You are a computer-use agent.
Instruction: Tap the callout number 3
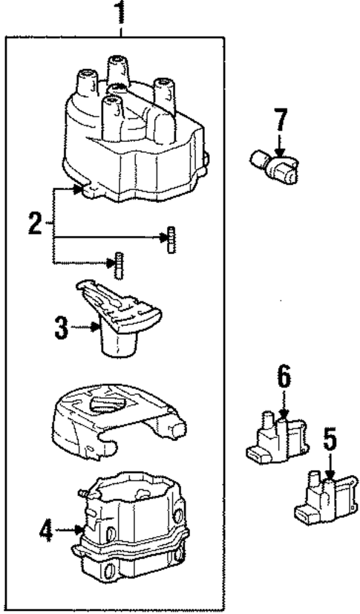62,327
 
